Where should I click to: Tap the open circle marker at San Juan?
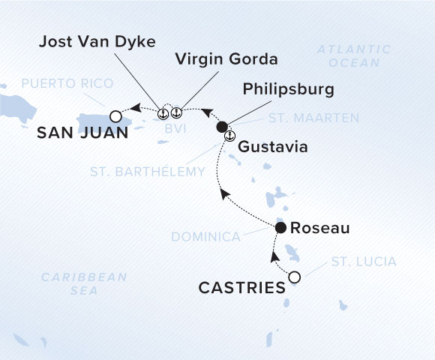click(x=115, y=116)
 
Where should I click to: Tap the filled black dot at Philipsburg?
click(x=221, y=127)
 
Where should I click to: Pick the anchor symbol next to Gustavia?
click(x=230, y=136)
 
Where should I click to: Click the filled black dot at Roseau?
click(x=280, y=227)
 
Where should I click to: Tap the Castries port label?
click(x=241, y=286)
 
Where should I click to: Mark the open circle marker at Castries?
click(x=295, y=277)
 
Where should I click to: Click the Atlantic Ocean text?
click(x=354, y=56)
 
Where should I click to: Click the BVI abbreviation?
click(x=172, y=129)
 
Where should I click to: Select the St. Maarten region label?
click(x=313, y=118)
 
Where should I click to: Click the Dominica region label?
click(x=205, y=236)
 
